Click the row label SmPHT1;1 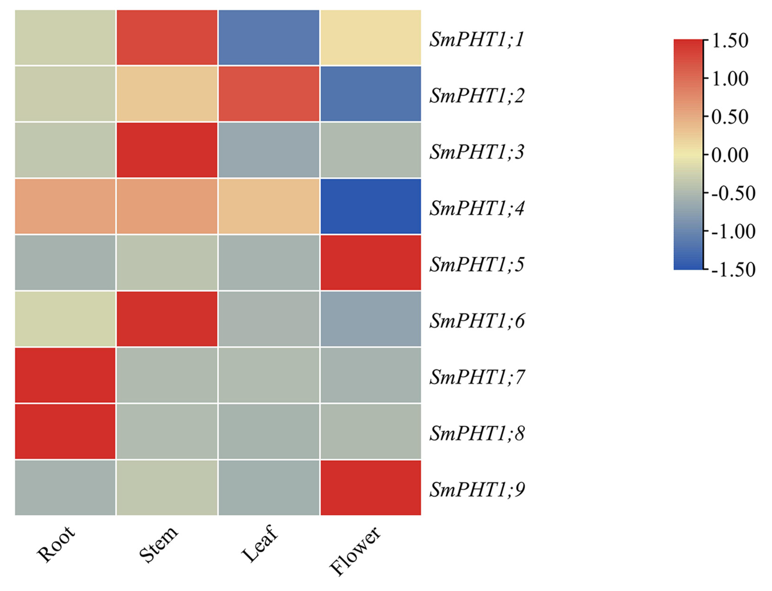tap(477, 39)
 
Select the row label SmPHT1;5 tap(477, 265)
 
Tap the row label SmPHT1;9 tap(477, 490)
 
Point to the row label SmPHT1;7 tap(477, 377)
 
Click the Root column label tap(56, 543)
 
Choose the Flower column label tap(355, 550)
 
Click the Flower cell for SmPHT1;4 tap(370, 206)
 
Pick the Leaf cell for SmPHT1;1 tap(269, 37)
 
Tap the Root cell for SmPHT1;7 tap(65, 375)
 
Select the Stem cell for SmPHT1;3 tap(167, 150)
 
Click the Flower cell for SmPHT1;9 tap(370, 488)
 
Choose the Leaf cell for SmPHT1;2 tap(269, 94)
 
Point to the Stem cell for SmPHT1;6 tap(167, 319)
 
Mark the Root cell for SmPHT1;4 tap(65, 206)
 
